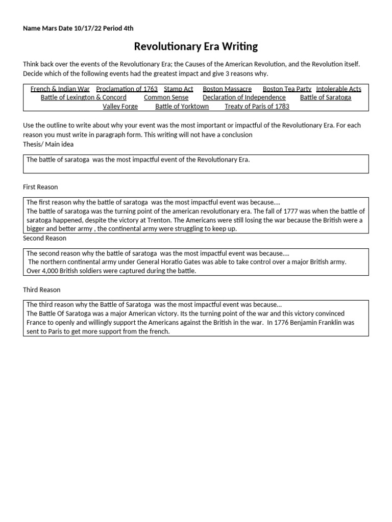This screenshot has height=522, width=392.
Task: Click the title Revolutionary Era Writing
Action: tap(195, 47)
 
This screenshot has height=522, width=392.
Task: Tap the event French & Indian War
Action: tap(60, 89)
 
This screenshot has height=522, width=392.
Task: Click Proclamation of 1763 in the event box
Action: tap(127, 89)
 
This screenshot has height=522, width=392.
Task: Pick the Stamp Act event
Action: tap(178, 89)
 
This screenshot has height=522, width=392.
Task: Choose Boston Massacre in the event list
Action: tap(227, 89)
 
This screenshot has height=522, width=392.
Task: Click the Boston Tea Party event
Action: tap(287, 89)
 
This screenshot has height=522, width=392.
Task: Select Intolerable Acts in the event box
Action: tap(338, 89)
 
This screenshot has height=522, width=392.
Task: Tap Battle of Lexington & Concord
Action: tap(83, 97)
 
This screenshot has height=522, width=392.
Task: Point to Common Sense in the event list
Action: tap(166, 97)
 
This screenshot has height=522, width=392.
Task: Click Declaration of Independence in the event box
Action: tap(244, 97)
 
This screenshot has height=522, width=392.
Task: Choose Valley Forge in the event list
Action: tap(120, 106)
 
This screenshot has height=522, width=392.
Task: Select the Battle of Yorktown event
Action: tap(182, 106)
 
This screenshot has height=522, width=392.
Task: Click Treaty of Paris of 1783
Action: tap(257, 106)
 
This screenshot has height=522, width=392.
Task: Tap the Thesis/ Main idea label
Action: tap(48, 144)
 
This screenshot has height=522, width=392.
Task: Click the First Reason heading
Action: tap(40, 187)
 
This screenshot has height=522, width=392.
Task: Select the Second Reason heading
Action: tap(44, 238)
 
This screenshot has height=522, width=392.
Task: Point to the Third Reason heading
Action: tap(41, 290)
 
